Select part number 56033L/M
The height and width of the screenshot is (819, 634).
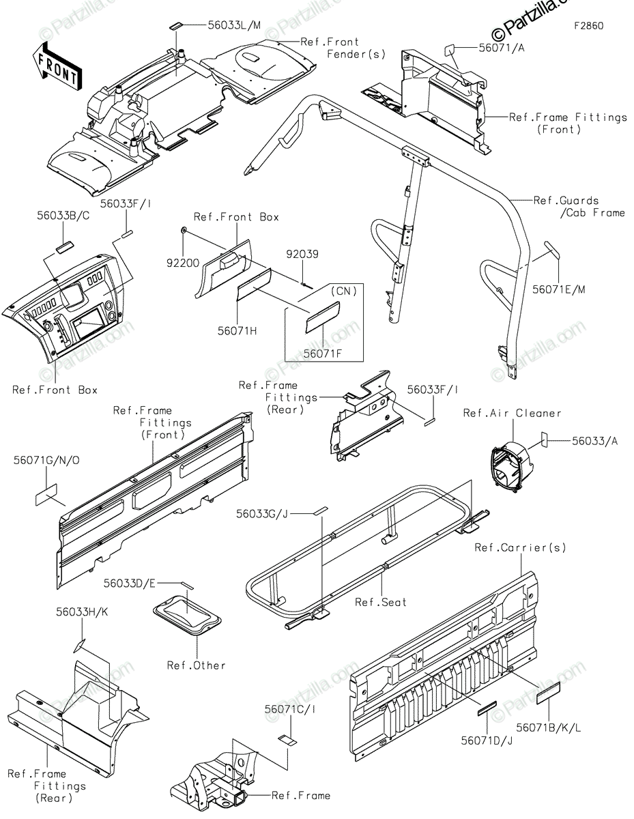click(234, 25)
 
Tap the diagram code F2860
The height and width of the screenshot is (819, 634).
click(588, 26)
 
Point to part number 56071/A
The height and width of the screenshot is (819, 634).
click(502, 48)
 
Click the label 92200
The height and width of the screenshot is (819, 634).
click(183, 263)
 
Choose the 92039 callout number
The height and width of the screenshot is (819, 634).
click(302, 254)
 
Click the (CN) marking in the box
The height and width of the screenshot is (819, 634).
click(343, 291)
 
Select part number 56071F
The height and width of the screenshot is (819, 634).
click(323, 354)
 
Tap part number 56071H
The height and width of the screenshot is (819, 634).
click(237, 331)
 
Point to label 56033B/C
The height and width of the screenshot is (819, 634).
click(63, 216)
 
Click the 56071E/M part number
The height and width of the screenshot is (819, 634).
click(559, 289)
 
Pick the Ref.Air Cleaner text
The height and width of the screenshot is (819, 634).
click(513, 413)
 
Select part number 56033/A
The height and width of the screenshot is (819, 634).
click(595, 441)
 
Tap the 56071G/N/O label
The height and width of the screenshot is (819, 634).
click(46, 461)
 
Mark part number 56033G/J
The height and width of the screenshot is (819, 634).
click(262, 514)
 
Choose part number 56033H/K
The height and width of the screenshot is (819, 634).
click(82, 612)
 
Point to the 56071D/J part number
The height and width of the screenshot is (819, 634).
click(487, 741)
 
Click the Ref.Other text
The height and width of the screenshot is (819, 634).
click(197, 665)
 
